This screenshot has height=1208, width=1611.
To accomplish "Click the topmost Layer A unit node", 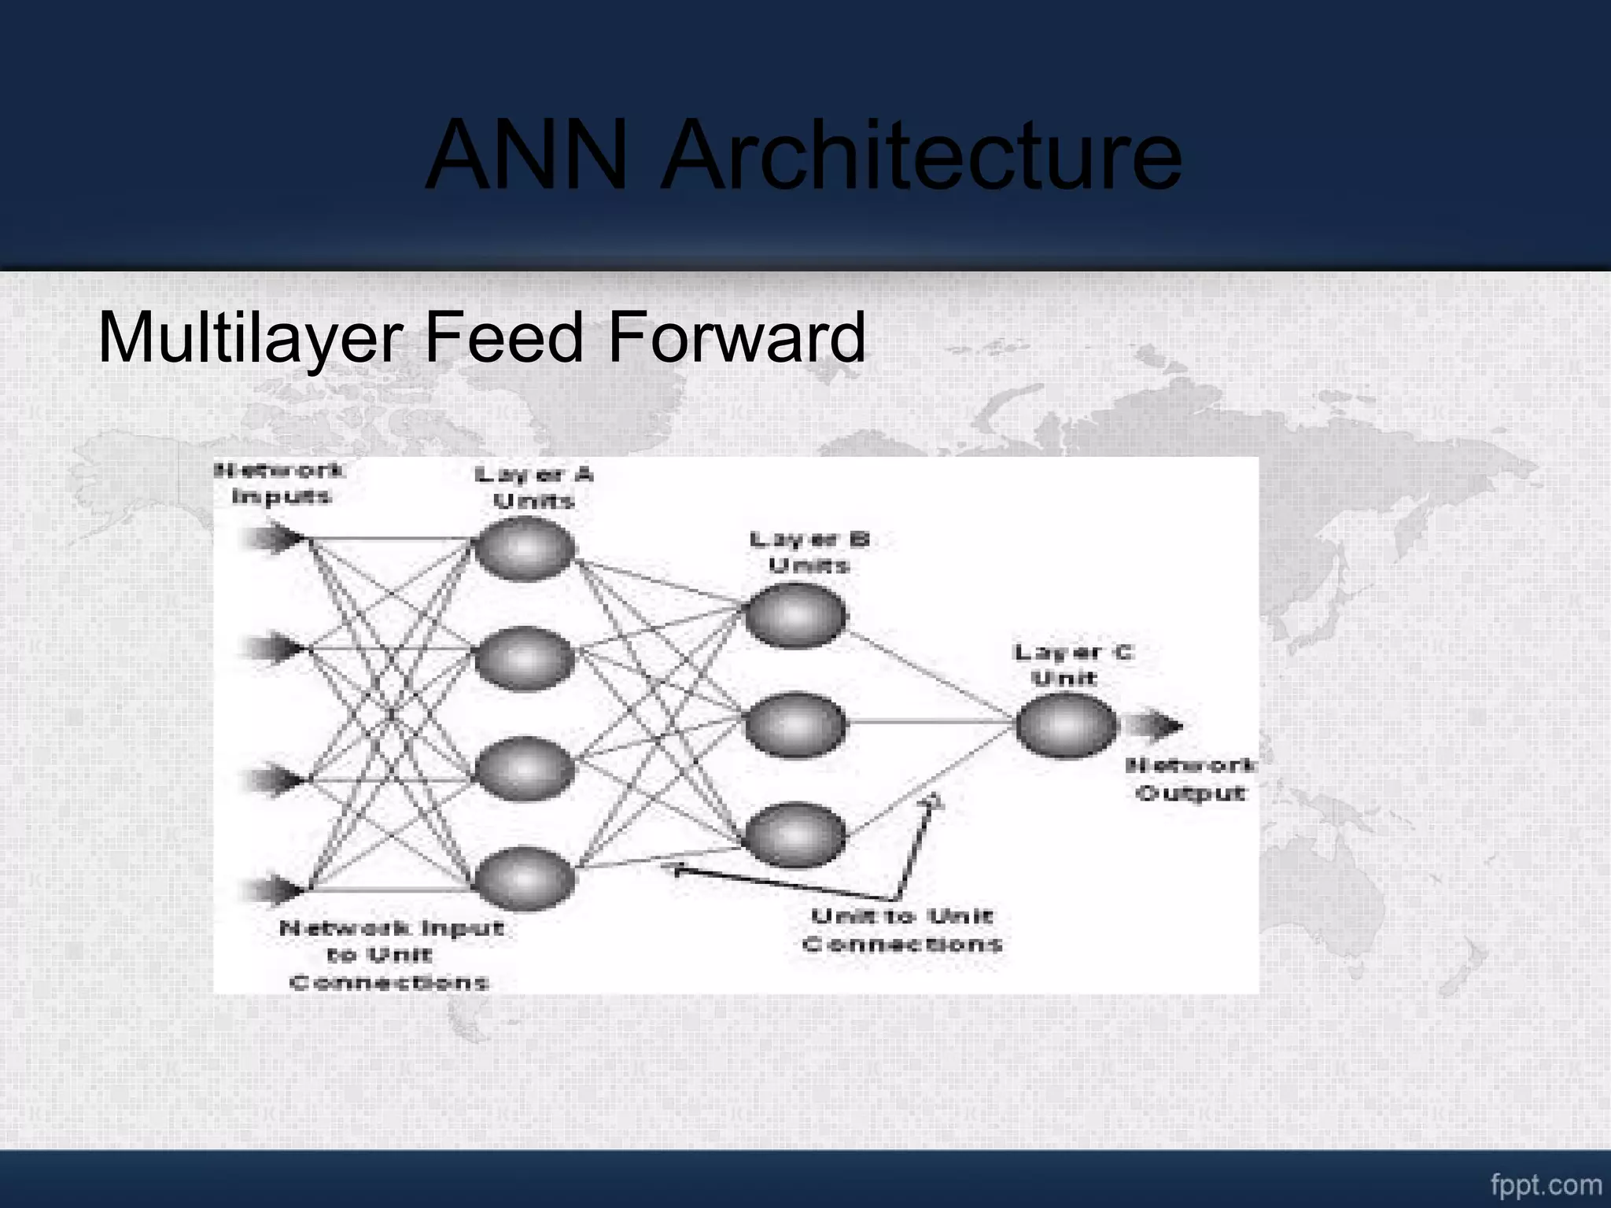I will click(x=525, y=549).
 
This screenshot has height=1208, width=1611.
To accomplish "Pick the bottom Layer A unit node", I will click(x=525, y=878).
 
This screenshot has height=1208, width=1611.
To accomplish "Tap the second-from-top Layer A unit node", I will click(x=525, y=658).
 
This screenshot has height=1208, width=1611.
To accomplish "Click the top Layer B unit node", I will click(x=795, y=615).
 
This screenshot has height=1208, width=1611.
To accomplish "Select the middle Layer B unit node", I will click(x=795, y=724).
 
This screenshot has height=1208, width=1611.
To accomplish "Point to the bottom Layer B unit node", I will click(x=795, y=834).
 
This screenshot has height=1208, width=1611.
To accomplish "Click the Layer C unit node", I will click(x=1066, y=725).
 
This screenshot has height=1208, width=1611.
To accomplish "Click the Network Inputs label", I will click(x=280, y=484).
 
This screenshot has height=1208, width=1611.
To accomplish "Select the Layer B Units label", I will click(x=809, y=552).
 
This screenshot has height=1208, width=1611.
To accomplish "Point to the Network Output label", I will click(x=1190, y=779).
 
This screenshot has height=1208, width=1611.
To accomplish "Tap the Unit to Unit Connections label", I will click(x=902, y=930).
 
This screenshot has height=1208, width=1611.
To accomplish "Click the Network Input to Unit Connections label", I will click(x=391, y=955).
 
